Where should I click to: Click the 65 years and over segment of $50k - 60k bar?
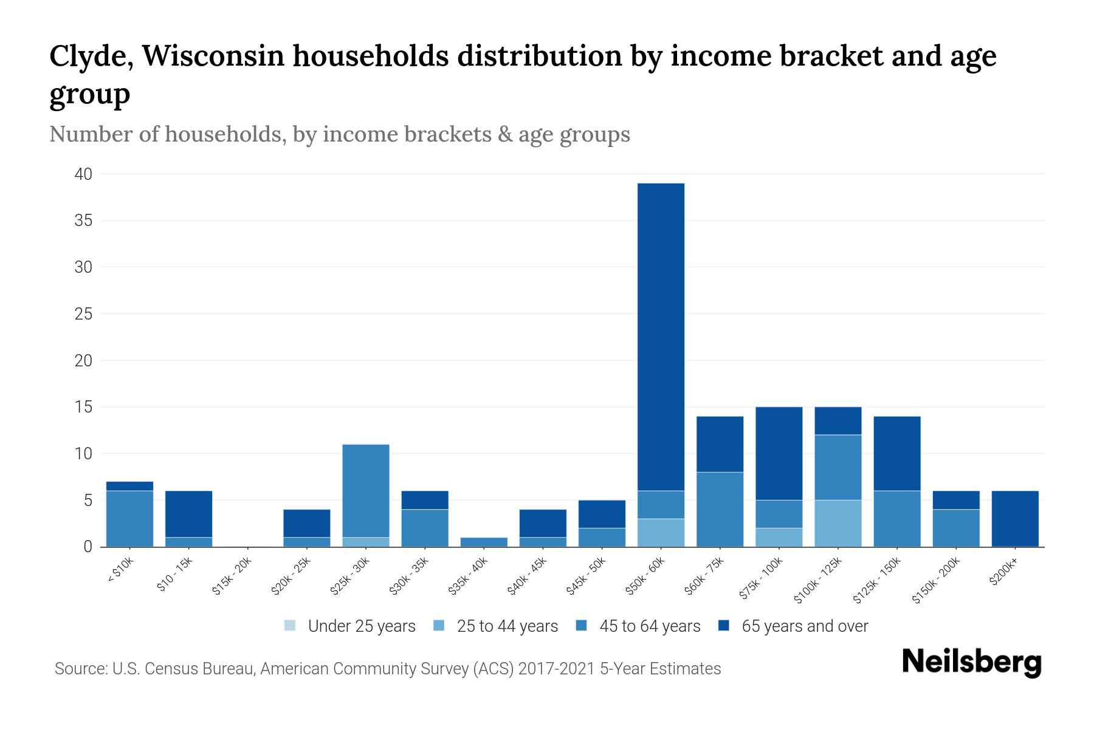pos(661,337)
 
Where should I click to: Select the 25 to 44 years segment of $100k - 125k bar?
pos(838,523)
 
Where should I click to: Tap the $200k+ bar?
pos(1014,519)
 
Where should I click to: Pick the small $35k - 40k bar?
pos(484,542)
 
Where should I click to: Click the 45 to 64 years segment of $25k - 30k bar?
pos(366,491)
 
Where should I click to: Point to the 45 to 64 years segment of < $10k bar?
pos(129,519)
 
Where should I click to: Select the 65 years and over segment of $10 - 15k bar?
pos(188,514)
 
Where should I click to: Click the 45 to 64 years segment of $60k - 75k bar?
pos(720,509)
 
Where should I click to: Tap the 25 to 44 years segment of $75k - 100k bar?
pos(779,537)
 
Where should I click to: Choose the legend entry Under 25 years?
pos(361,626)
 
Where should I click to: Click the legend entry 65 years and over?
pos(804,626)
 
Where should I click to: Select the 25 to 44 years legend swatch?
pos(439,626)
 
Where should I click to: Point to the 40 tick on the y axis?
pos(83,174)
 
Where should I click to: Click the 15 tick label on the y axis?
pos(83,407)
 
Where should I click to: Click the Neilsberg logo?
pos(971,662)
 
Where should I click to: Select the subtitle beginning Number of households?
pos(340,134)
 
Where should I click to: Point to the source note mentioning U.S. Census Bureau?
pos(388,669)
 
